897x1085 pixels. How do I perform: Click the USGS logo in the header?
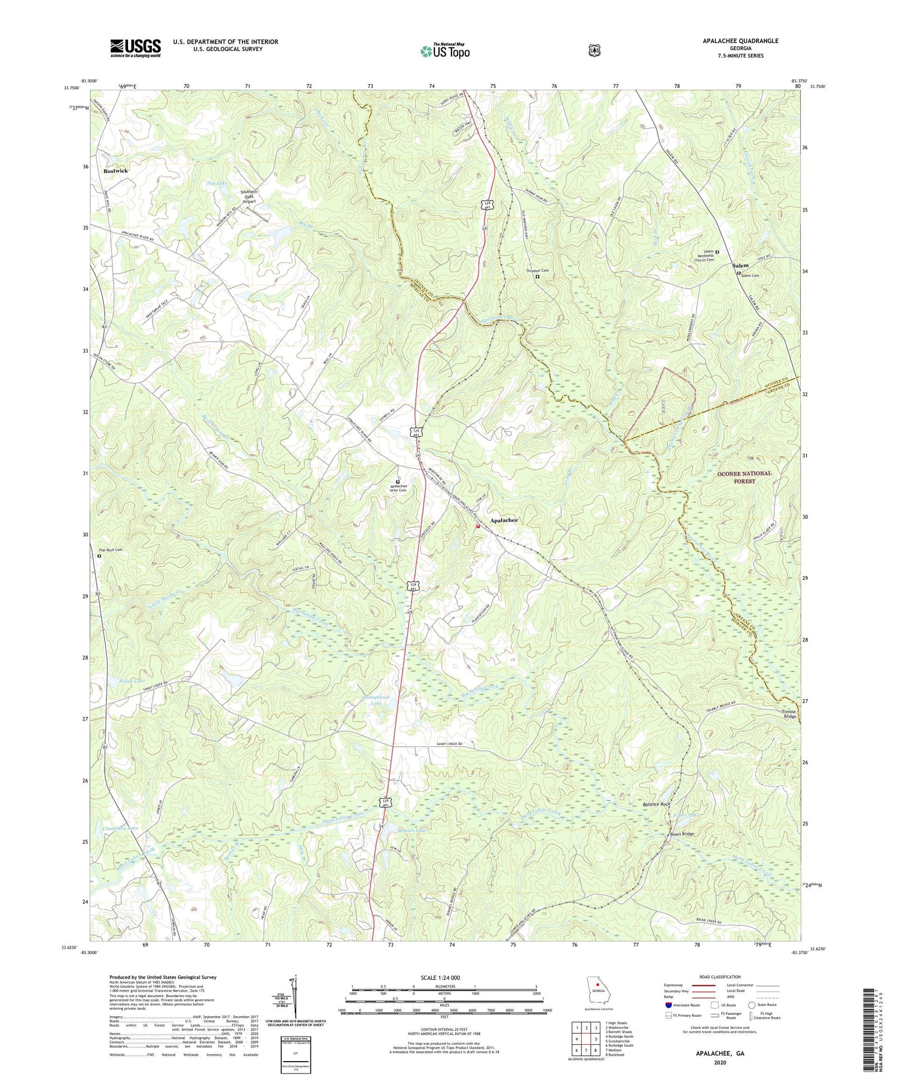(135, 48)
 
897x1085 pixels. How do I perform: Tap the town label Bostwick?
(115, 171)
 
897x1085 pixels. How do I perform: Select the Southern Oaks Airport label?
(248, 197)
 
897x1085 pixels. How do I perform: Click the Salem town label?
(740, 265)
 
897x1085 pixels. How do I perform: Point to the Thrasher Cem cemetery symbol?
(537, 276)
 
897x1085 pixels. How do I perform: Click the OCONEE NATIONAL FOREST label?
(745, 476)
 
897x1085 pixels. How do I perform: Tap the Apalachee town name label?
(504, 520)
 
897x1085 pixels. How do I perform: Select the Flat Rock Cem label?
(111, 549)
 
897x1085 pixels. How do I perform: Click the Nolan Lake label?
(132, 681)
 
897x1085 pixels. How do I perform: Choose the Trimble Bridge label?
(789, 714)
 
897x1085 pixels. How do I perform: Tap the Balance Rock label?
(656, 804)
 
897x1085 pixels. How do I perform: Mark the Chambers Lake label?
(121, 828)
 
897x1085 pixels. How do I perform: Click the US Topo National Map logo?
(445, 50)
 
